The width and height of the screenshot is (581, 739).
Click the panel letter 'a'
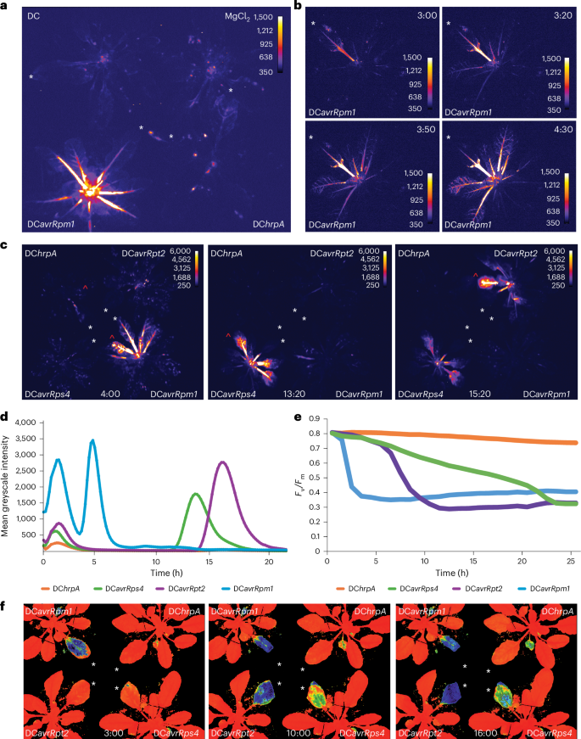pyautogui.click(x=4, y=5)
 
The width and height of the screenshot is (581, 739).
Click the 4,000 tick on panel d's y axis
pyautogui.click(x=25, y=422)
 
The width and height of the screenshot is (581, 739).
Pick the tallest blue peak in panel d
pyautogui.click(x=92, y=440)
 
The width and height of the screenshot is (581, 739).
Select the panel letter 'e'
pyautogui.click(x=293, y=416)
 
